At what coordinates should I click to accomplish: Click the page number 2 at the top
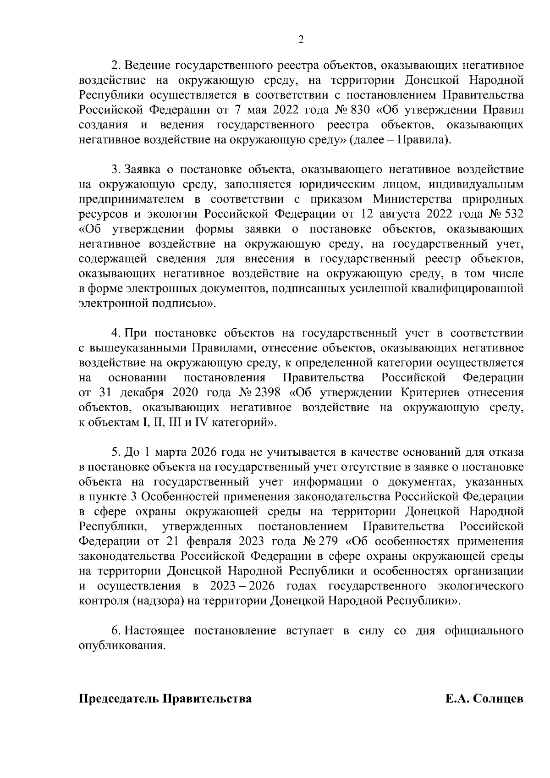click(x=301, y=40)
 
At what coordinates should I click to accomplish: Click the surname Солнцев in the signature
click(x=498, y=699)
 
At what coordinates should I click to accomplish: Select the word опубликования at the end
click(x=121, y=646)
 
